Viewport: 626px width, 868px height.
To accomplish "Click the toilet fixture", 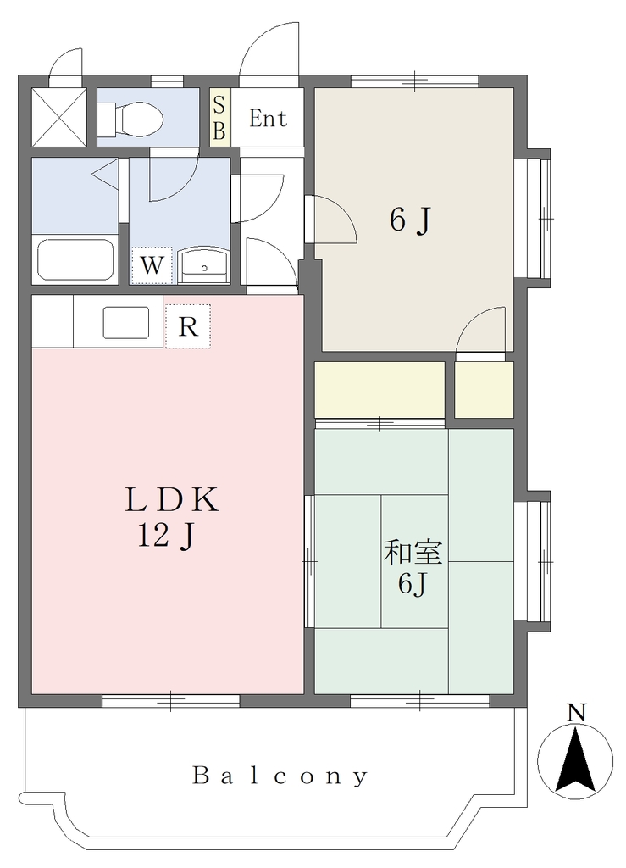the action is point(130,117).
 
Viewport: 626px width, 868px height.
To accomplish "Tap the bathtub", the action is point(75,260).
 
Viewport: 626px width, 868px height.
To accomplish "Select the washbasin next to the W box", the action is point(204,265).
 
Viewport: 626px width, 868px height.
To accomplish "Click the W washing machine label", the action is point(152,265).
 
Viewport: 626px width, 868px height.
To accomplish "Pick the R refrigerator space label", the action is point(188,326).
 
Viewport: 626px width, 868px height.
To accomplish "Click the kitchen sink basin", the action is point(126,322).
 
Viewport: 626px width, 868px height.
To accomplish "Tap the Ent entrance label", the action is point(268,119).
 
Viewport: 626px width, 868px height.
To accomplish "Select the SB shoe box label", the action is point(219,117).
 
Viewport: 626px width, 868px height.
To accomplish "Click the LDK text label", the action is point(171,500).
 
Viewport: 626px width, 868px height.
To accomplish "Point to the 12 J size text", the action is point(166,536).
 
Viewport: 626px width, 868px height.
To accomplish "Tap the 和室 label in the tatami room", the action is point(413,553).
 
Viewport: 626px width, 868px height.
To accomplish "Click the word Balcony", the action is point(280,776).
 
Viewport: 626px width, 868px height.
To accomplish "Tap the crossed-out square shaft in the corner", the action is point(58,117).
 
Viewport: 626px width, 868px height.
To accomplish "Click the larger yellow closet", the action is point(379,390).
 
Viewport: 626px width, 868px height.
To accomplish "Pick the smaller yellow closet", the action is point(484,390).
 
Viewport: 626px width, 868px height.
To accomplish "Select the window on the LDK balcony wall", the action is point(171,701).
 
